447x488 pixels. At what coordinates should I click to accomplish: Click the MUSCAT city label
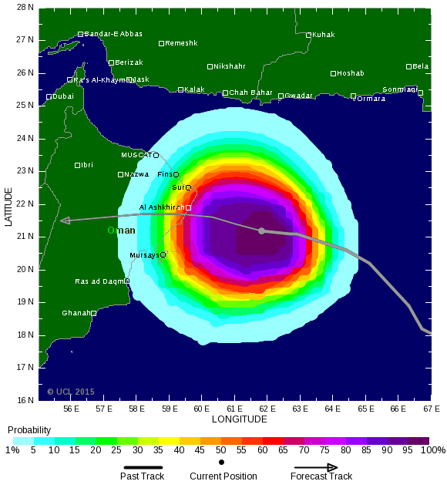click(136, 155)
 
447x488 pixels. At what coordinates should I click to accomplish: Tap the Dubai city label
click(63, 96)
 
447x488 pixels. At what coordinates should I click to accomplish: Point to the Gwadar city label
click(299, 96)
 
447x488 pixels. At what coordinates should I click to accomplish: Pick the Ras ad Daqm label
click(99, 281)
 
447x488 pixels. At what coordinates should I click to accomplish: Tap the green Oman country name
click(121, 231)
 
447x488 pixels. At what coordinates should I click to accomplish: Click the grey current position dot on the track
click(261, 231)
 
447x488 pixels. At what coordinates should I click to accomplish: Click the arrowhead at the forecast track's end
click(66, 220)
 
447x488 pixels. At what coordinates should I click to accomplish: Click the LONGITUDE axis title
click(239, 419)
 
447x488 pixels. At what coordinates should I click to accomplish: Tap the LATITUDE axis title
click(8, 205)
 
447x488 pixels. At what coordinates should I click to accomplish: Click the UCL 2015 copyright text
click(70, 392)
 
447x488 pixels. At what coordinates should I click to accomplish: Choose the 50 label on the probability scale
click(220, 450)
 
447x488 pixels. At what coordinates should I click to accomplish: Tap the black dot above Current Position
click(222, 463)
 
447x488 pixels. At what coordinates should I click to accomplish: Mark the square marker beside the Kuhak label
click(308, 35)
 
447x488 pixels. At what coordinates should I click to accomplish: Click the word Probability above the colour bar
click(29, 430)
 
